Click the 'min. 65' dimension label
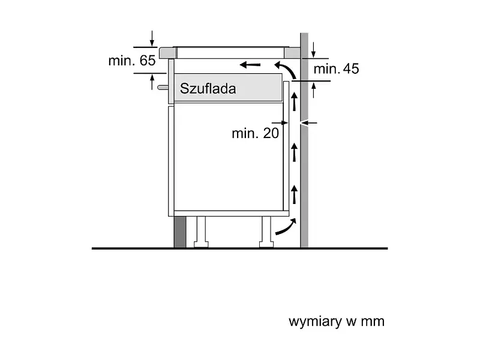132,61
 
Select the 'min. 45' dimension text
336,68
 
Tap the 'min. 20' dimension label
256,133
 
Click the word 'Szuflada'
208,88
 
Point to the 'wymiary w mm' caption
337,322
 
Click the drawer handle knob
163,88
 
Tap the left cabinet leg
201,232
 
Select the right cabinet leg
266,232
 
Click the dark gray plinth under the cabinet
179,232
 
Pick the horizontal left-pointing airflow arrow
250,65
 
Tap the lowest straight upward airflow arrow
294,194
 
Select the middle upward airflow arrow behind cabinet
294,152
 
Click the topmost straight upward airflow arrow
294,101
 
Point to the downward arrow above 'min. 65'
152,38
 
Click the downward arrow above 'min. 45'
313,50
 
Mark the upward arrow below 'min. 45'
313,89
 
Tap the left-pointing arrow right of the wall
309,123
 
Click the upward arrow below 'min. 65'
152,82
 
